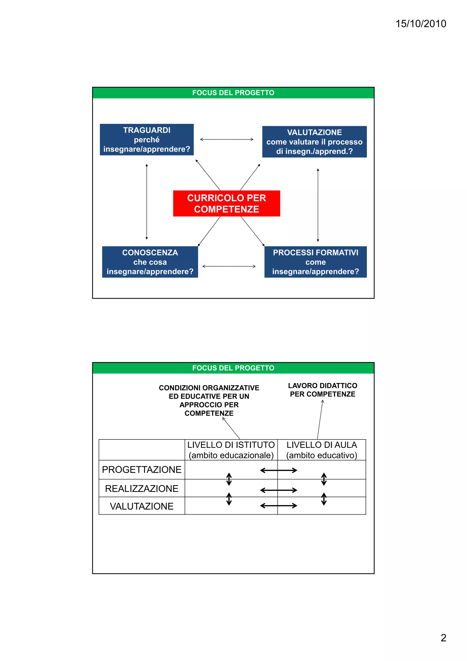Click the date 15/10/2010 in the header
tap(420, 24)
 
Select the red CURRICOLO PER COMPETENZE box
tap(226, 203)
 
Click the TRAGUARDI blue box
tap(147, 140)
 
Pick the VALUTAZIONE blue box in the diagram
tap(314, 142)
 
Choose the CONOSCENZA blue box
tap(150, 262)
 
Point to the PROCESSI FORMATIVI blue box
tap(315, 262)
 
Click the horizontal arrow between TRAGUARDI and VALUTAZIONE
tap(226, 139)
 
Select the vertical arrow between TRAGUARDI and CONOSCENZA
tap(147, 201)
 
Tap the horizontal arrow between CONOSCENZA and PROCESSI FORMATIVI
tap(229, 266)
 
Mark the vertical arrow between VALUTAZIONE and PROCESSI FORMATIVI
tap(318, 205)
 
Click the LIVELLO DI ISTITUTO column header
tap(231, 450)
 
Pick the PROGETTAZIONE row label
tap(142, 470)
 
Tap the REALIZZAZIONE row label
tap(142, 489)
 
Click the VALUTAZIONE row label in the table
tap(142, 506)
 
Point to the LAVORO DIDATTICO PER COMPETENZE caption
tap(323, 390)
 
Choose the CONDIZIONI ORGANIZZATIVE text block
tap(209, 400)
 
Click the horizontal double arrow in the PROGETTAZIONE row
tap(278, 470)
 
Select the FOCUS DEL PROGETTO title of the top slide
tap(233, 93)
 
